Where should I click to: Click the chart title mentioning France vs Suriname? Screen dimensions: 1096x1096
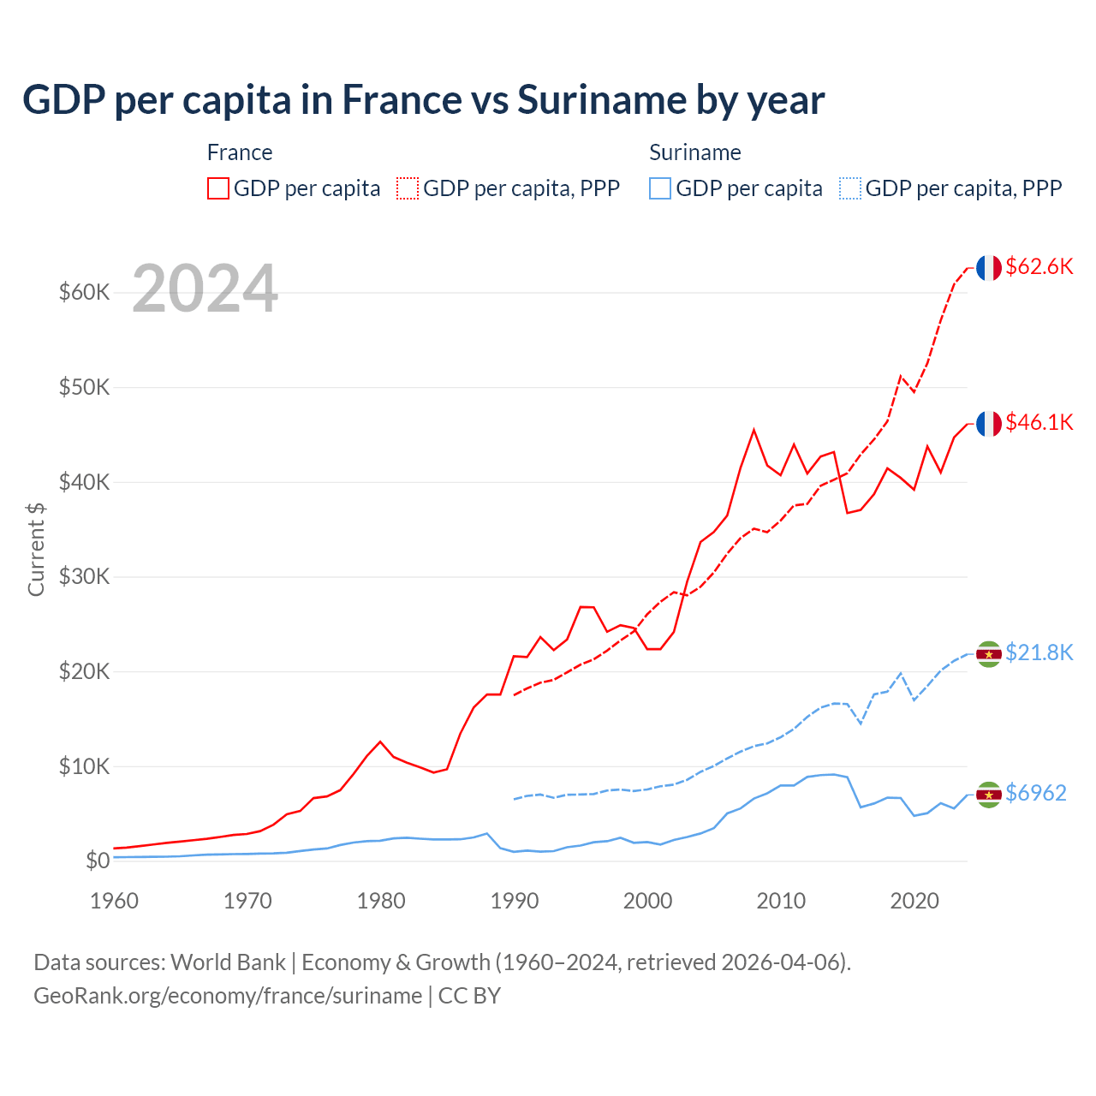(423, 100)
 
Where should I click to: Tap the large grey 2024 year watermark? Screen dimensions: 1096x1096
(205, 289)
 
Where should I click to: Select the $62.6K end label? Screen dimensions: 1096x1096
(1039, 266)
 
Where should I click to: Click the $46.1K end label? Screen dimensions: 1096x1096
(1039, 422)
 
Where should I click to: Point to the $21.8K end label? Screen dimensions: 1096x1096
(1039, 652)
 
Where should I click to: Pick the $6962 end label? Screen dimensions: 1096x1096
(1035, 793)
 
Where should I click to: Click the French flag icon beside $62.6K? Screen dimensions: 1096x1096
(989, 268)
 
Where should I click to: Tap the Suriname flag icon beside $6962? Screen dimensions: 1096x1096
(989, 795)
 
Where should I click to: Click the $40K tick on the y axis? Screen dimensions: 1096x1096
(84, 482)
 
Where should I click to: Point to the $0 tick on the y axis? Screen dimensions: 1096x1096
(97, 861)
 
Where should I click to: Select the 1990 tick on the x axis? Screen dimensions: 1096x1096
(515, 901)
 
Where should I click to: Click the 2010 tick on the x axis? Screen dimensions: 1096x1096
(781, 901)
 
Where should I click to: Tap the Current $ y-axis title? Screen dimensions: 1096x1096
(36, 550)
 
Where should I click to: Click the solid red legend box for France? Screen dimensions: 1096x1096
(218, 188)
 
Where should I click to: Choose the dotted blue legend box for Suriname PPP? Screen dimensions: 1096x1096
(850, 188)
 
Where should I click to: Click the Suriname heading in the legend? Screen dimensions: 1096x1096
(694, 152)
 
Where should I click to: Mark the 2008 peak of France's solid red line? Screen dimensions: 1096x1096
(753, 430)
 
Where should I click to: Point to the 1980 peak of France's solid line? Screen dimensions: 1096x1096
(380, 742)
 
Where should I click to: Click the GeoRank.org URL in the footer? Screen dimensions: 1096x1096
(228, 996)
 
